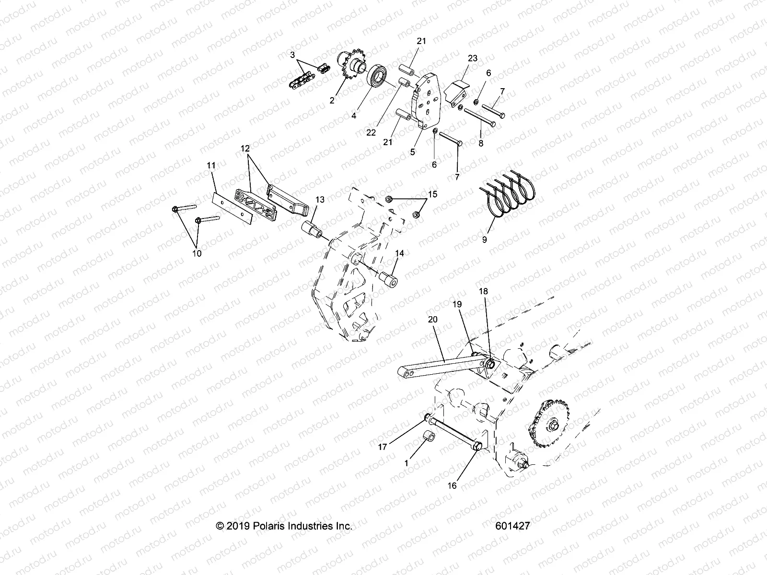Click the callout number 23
point(473,58)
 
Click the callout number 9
point(484,240)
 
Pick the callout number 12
point(245,149)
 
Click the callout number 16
point(452,485)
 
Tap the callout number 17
point(382,447)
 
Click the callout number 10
point(197,253)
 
